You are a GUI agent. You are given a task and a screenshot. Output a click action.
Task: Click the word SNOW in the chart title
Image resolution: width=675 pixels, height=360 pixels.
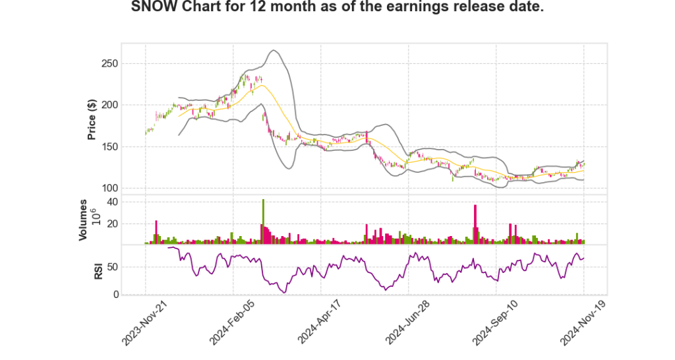click(x=150, y=9)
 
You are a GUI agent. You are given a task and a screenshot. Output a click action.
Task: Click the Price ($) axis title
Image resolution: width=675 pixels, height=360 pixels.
click(x=92, y=119)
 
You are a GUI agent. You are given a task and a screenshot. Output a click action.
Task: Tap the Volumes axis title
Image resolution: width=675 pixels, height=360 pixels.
click(x=84, y=220)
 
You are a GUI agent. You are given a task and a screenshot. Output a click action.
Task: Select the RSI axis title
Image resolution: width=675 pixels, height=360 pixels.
click(x=98, y=270)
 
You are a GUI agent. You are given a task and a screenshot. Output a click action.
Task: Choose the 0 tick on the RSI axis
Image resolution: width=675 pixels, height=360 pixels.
click(x=114, y=294)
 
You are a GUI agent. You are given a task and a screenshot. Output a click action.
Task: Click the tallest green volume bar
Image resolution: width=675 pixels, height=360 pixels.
click(x=263, y=222)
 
